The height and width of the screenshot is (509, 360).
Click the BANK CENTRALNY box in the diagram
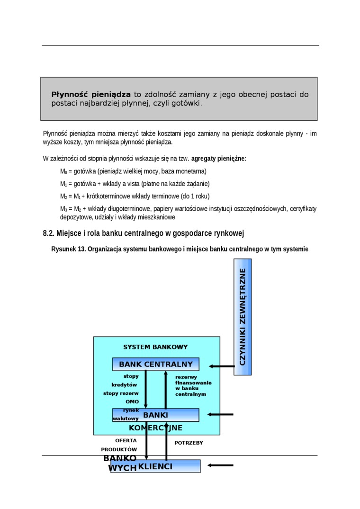pos(155,364)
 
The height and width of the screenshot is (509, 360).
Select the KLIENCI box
pos(155,466)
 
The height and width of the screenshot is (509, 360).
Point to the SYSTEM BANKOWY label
pos(155,347)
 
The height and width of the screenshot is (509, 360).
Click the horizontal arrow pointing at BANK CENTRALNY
pos(222,366)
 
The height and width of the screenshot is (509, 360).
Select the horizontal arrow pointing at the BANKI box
pos(220,415)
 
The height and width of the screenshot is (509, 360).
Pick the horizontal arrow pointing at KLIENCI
pos(220,465)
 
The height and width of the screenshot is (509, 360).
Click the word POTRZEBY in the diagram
pos(189,443)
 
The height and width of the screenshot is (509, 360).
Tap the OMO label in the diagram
pos(132,402)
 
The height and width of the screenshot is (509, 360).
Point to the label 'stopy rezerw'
pos(121,393)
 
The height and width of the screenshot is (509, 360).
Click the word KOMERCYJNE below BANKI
pos(155,428)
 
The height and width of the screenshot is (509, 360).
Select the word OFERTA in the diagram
pos(126,440)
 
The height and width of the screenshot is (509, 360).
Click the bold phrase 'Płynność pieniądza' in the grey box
pos(91,95)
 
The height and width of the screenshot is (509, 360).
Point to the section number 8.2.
pos(49,233)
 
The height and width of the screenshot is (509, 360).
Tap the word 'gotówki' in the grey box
pos(187,103)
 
